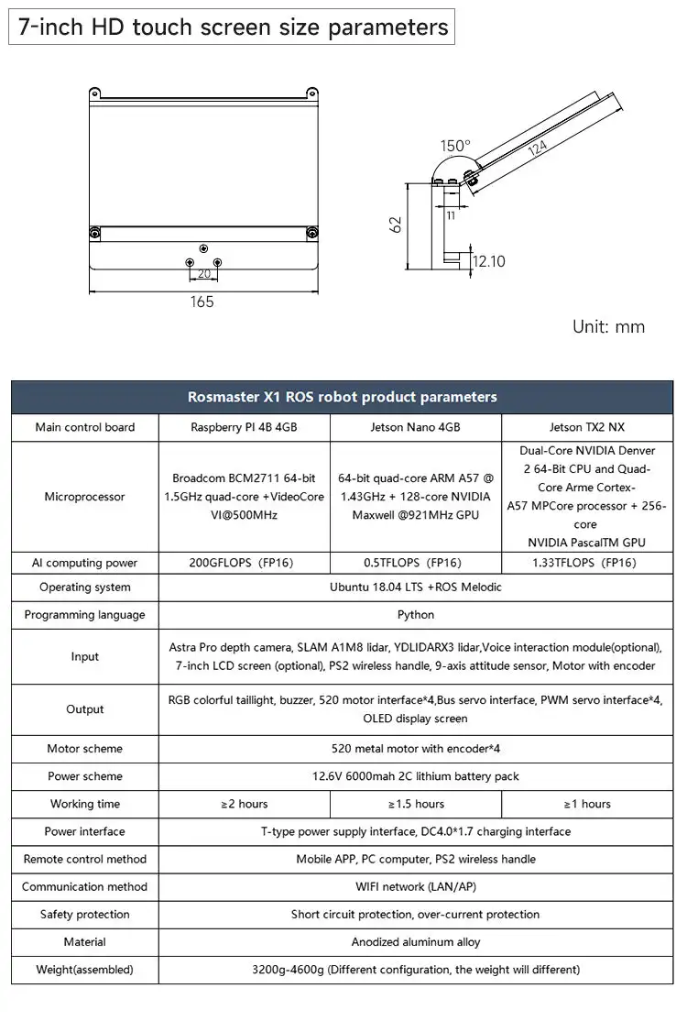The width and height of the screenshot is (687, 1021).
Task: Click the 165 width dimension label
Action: [x=202, y=302]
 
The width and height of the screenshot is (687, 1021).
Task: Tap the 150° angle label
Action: [x=454, y=146]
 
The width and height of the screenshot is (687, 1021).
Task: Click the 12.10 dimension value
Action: [x=488, y=261]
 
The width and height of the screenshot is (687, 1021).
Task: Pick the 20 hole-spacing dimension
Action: [x=203, y=273]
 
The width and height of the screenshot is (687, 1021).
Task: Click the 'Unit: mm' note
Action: [x=608, y=326]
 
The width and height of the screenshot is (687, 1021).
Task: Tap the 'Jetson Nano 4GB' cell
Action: [x=416, y=427]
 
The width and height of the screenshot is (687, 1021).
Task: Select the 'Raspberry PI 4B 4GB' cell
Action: [x=244, y=427]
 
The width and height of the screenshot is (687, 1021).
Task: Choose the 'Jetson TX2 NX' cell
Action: [x=587, y=427]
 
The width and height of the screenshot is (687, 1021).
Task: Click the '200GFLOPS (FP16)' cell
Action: [x=244, y=563]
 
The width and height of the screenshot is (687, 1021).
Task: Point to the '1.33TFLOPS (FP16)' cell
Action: [x=587, y=563]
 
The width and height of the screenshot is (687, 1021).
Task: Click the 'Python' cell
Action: [x=416, y=615]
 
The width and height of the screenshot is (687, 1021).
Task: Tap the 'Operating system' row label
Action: [x=85, y=587]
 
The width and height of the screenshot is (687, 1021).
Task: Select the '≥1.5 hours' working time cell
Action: [x=416, y=804]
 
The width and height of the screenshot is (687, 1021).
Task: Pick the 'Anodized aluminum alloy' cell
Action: [x=416, y=942]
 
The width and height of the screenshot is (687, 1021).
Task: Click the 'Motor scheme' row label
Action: [x=85, y=749]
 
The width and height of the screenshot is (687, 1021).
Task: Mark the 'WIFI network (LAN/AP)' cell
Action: [x=416, y=886]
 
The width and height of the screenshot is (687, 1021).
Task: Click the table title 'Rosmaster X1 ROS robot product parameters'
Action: [x=343, y=397]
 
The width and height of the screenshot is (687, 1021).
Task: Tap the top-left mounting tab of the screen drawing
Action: [x=94, y=93]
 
